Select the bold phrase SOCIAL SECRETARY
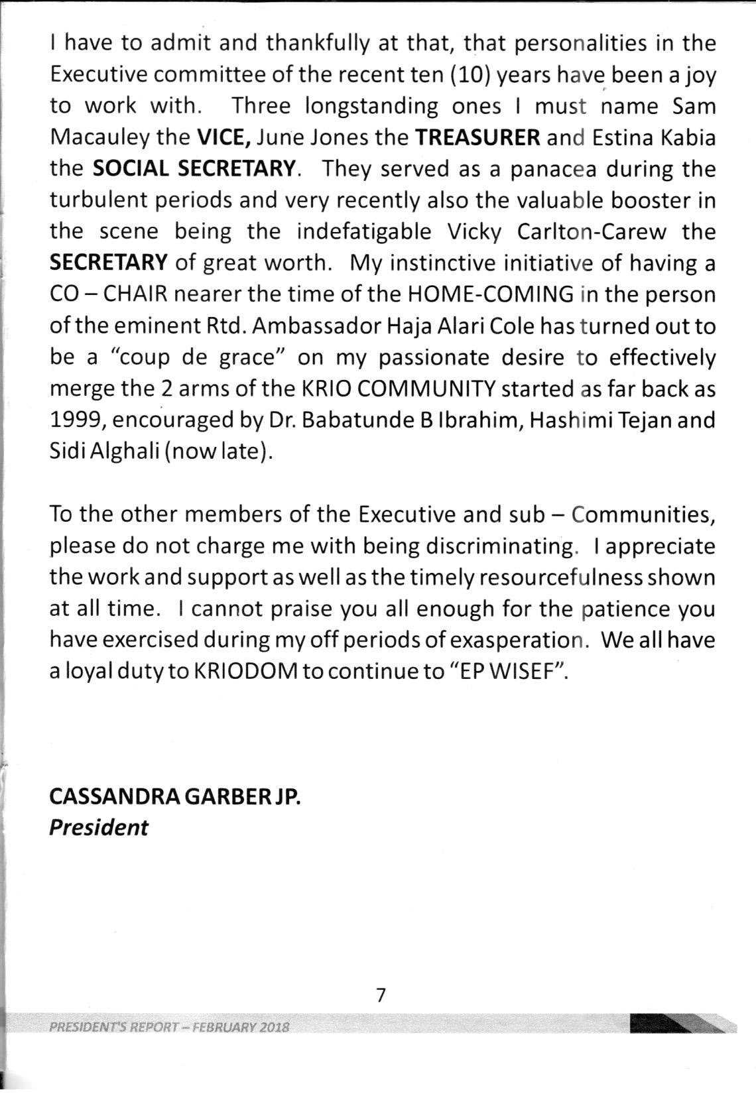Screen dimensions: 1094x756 (x=194, y=169)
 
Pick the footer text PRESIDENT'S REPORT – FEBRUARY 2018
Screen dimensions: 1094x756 (x=169, y=1027)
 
